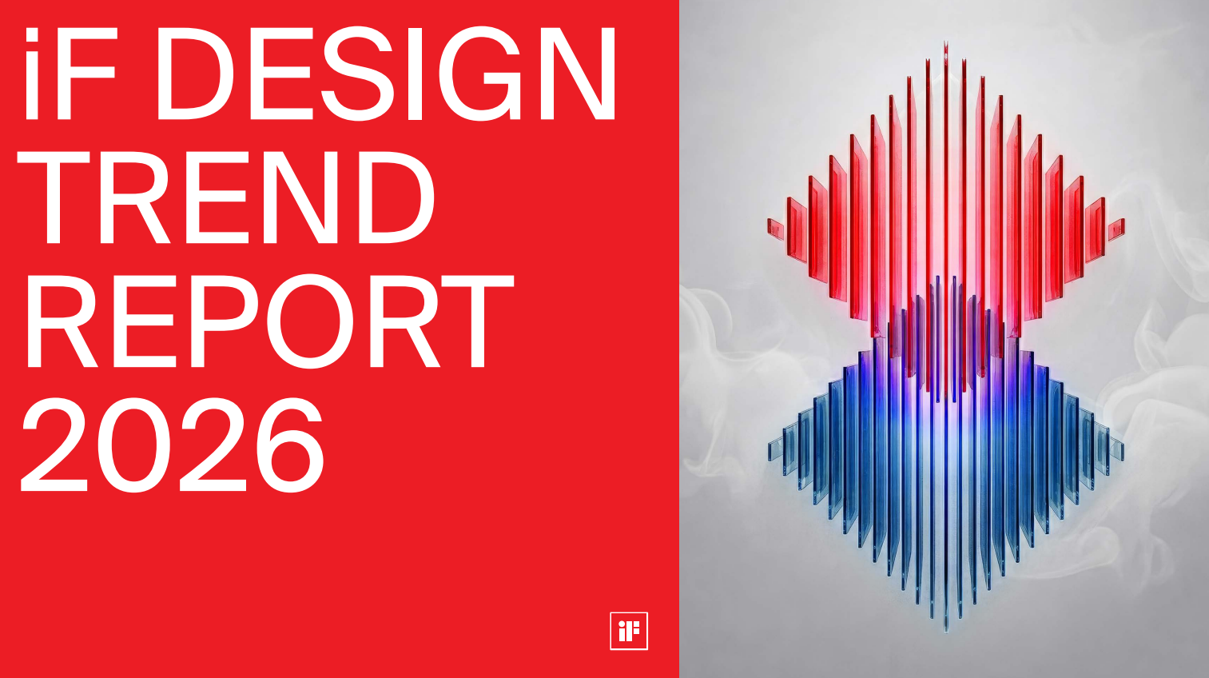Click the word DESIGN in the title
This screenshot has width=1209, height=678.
point(386,74)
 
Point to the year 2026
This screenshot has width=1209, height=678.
point(173,445)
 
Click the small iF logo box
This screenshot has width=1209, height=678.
point(629,631)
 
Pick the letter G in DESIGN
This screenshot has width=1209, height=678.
point(480,74)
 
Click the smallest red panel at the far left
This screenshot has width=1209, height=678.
point(776,228)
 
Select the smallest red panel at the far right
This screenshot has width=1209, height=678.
point(1116,229)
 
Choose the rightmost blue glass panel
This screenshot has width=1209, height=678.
point(1117,449)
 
